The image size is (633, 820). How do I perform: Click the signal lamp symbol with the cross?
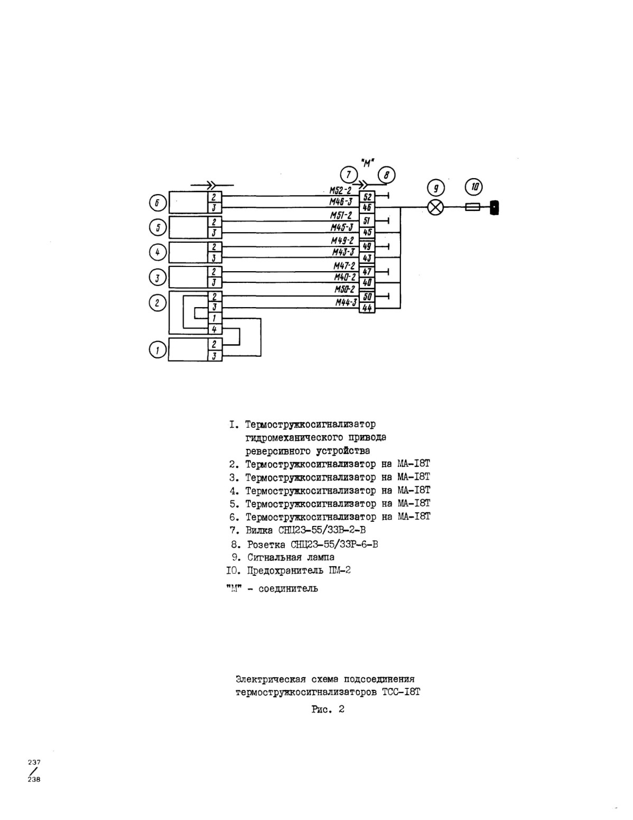pos(435,207)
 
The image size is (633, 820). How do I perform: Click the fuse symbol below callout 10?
pos(472,207)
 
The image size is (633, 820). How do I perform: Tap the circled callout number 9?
pos(436,188)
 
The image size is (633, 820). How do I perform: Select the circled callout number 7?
pos(349,174)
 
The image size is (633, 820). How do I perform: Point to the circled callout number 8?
pos(386,175)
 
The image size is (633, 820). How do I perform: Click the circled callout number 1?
pos(157,350)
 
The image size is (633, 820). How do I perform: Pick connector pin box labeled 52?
pos(367,197)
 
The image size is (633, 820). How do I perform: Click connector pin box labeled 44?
pos(367,308)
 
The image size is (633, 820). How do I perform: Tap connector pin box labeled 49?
pos(367,246)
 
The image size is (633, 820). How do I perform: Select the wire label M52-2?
pos(340,190)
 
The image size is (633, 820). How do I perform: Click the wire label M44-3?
pos(347,302)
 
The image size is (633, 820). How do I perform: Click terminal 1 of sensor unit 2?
pos(215,318)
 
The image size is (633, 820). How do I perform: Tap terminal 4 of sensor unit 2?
pos(215,329)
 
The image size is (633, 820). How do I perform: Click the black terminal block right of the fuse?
pos(494,208)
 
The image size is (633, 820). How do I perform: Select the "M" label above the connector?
pos(367,163)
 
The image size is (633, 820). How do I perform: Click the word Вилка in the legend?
pos(259,530)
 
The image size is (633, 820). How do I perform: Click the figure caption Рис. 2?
pos(328,710)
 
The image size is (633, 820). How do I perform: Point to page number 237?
pos(34,762)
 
